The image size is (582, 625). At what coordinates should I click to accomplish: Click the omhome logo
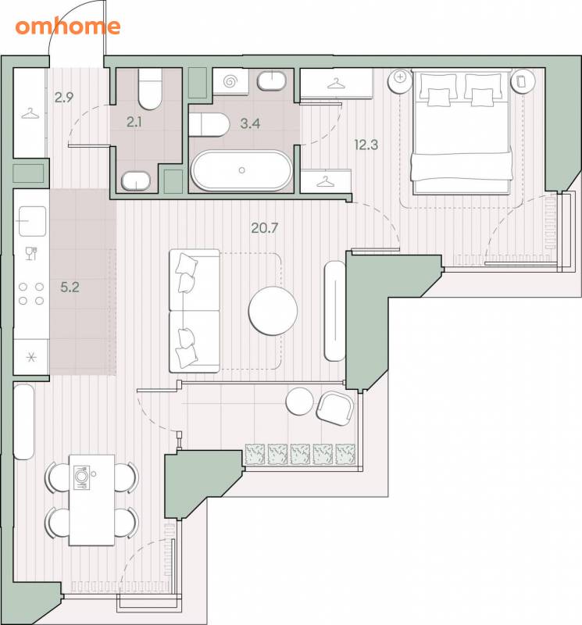tap(68, 27)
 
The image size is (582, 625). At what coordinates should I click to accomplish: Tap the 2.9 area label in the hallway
tap(64, 97)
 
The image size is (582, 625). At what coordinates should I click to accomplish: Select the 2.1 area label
tap(134, 123)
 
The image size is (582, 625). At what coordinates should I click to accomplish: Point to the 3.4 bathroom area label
tap(250, 123)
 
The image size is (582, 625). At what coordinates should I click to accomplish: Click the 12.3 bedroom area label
tap(366, 145)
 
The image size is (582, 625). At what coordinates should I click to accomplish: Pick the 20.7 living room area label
tap(265, 228)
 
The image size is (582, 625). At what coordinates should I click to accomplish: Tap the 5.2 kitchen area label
tap(70, 287)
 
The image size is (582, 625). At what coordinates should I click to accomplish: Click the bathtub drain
tap(241, 170)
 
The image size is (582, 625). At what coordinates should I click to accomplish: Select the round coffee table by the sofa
tap(273, 311)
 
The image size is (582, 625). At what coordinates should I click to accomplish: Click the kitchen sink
tap(32, 221)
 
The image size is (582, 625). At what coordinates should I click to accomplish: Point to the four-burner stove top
tap(31, 294)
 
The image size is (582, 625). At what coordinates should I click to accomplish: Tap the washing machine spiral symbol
tap(230, 82)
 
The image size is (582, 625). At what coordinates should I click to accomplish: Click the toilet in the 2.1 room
tap(150, 89)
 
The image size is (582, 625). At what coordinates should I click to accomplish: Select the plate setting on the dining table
tap(81, 477)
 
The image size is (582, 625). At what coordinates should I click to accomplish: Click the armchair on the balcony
tap(335, 408)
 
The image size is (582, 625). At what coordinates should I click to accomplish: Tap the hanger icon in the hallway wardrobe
tap(30, 114)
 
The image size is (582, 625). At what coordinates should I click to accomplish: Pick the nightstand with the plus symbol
tap(400, 81)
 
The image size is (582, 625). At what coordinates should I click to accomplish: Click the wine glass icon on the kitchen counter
tap(31, 253)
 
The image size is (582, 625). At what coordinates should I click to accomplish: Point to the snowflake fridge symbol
tap(31, 357)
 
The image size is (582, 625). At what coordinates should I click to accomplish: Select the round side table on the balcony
tap(299, 402)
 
